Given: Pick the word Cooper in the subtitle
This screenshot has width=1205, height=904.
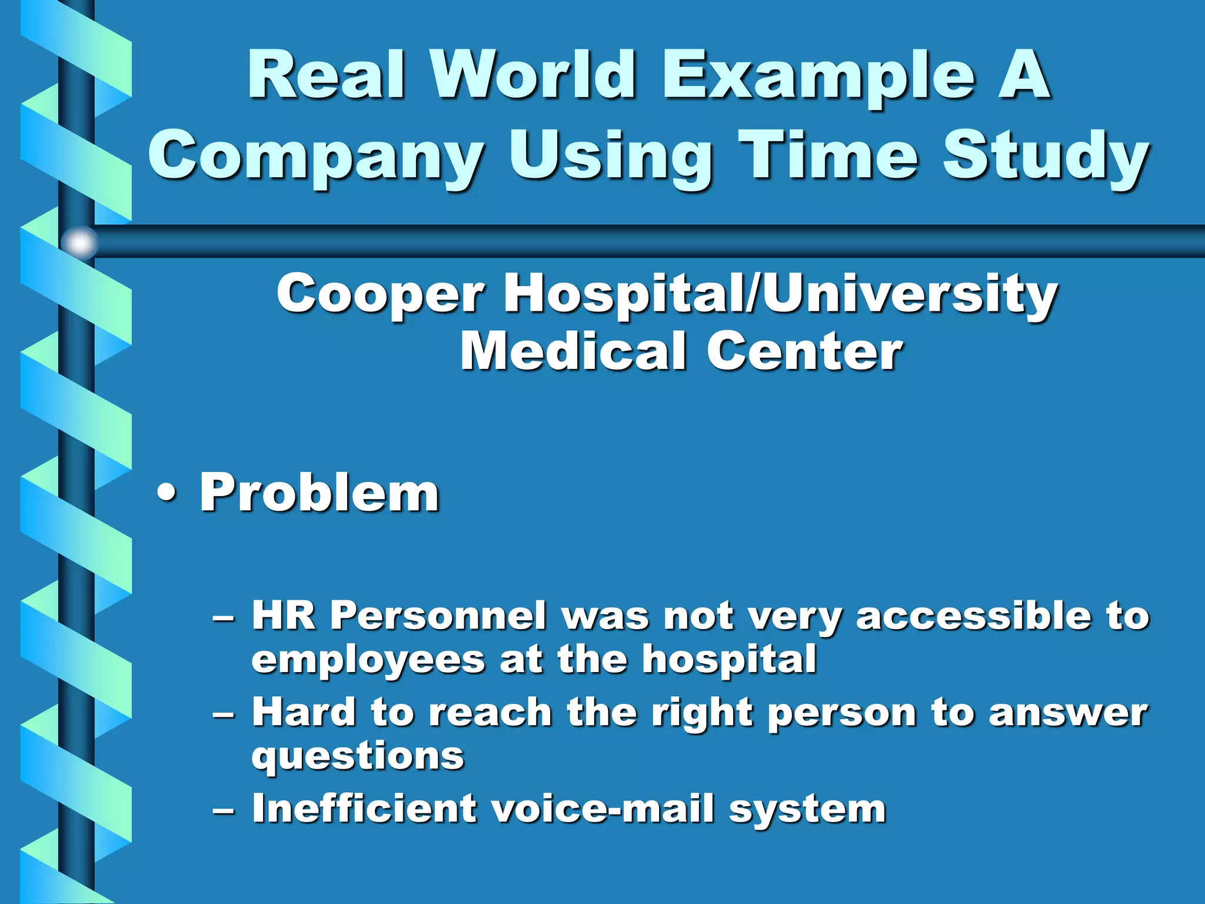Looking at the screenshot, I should (x=380, y=295).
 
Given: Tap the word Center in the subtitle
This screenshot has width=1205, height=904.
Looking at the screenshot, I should (x=804, y=351).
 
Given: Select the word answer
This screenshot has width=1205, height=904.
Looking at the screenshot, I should (x=1067, y=713).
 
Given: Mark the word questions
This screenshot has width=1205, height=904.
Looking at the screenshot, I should (x=358, y=757).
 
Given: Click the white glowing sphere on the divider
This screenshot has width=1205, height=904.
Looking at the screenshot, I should (x=79, y=242).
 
